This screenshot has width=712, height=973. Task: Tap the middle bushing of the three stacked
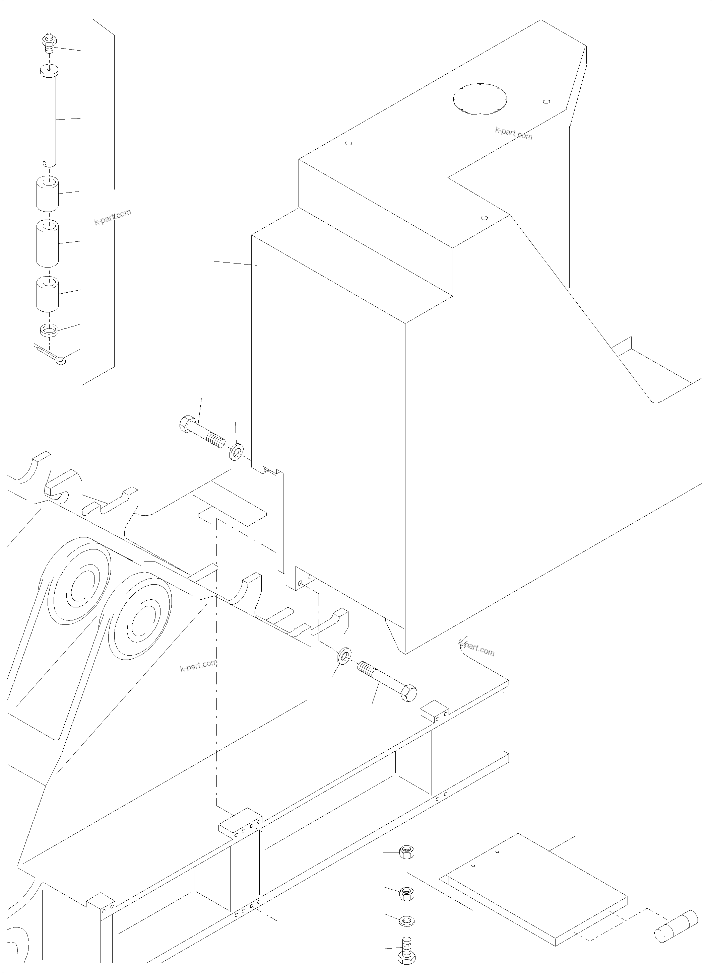click(x=47, y=243)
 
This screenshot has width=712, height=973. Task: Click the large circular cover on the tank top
click(x=480, y=99)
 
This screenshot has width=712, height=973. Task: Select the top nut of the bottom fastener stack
click(x=407, y=852)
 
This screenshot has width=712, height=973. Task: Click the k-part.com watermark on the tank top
click(x=514, y=134)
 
